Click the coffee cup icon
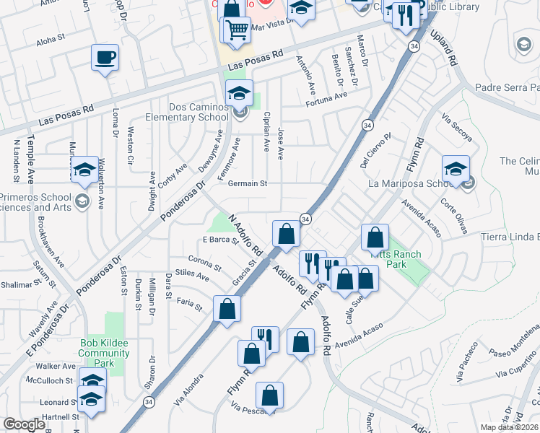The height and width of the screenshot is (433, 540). (105, 57)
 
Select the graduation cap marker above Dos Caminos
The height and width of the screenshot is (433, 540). (239, 93)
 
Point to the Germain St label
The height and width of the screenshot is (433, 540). (248, 183)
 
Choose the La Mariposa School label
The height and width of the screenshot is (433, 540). (409, 183)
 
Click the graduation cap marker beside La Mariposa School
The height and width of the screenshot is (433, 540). (456, 169)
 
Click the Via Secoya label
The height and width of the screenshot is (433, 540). (456, 128)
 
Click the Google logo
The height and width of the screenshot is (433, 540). (25, 424)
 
